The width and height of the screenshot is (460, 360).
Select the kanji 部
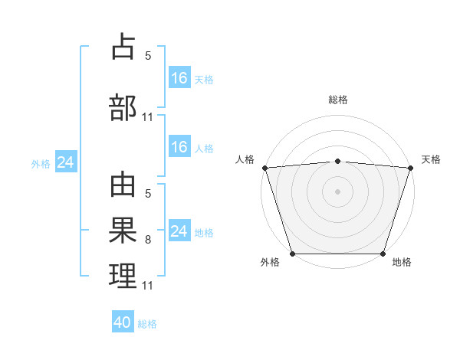click(123, 106)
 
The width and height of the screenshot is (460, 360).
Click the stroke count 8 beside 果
click(148, 240)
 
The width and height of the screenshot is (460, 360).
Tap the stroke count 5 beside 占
click(148, 56)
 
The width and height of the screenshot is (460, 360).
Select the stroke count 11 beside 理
click(148, 286)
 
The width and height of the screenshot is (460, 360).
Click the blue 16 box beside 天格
click(179, 78)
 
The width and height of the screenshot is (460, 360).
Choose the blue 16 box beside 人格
click(179, 147)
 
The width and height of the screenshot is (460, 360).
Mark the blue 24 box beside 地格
click(179, 231)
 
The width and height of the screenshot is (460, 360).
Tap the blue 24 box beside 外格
click(66, 162)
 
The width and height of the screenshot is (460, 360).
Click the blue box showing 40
click(123, 322)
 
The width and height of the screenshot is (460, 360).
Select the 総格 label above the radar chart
click(338, 100)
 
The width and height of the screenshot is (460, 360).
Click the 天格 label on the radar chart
click(431, 159)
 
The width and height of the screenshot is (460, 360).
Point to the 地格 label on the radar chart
click(402, 263)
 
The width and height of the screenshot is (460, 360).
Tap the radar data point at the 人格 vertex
click(264, 168)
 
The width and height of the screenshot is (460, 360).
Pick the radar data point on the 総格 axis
click(338, 161)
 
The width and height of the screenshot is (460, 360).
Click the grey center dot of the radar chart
click(338, 191)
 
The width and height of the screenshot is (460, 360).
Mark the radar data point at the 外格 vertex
click(293, 254)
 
